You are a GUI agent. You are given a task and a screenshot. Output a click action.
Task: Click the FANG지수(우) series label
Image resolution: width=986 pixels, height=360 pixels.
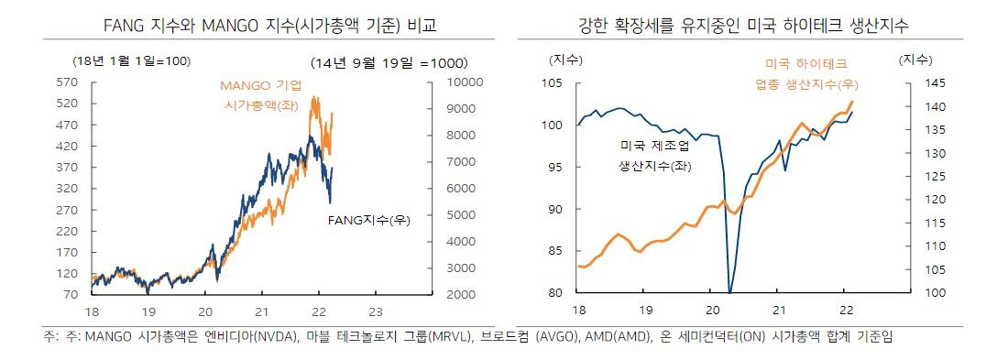pos(367,221)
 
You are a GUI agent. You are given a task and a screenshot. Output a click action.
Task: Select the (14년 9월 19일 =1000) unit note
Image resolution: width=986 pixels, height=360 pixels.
pos(389,63)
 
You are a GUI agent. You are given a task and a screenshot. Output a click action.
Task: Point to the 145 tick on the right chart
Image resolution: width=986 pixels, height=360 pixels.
pos(916,83)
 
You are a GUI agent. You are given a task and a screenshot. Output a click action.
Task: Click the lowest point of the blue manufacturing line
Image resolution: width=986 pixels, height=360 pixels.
pos(729,291)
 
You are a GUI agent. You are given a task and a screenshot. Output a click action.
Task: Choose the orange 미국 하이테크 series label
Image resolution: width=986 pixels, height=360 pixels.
pos(806,64)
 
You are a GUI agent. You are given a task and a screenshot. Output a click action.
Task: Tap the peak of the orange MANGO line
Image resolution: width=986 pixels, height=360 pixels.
pos(315,97)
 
